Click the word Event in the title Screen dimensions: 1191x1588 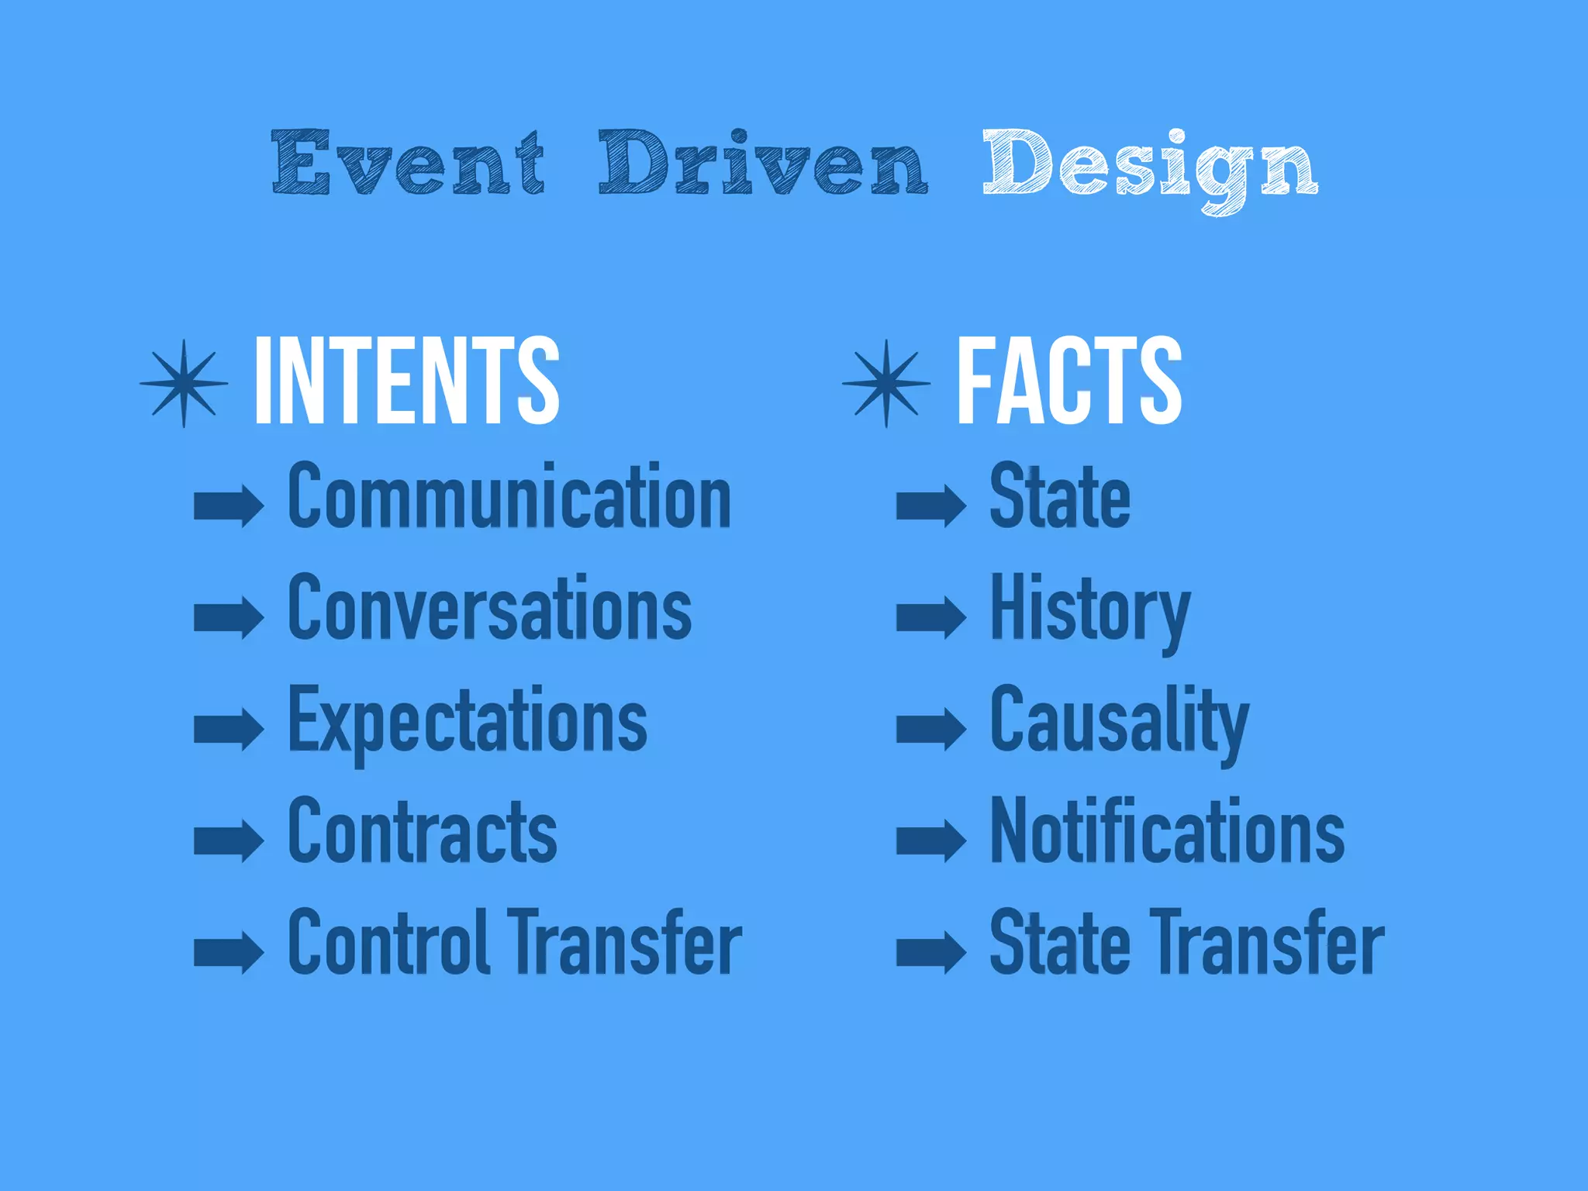tap(408, 163)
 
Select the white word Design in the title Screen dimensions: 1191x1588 tap(1150, 167)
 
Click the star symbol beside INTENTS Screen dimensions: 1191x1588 tap(184, 383)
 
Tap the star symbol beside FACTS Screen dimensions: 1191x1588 tap(886, 383)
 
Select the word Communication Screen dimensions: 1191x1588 tap(509, 496)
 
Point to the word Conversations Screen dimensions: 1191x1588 tap(489, 608)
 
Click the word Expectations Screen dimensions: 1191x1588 tap(468, 721)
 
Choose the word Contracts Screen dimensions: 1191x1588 tap(423, 831)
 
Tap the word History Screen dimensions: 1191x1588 tap(1089, 609)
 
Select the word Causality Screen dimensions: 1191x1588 tap(1119, 721)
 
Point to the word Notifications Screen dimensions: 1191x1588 tap(1167, 831)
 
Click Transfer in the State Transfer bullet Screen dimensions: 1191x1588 tap(1267, 943)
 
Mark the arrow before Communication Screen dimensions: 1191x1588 tap(229, 506)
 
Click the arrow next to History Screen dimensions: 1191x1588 tap(931, 618)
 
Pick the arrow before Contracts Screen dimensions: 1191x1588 tap(229, 841)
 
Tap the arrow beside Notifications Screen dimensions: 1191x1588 tap(931, 841)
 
